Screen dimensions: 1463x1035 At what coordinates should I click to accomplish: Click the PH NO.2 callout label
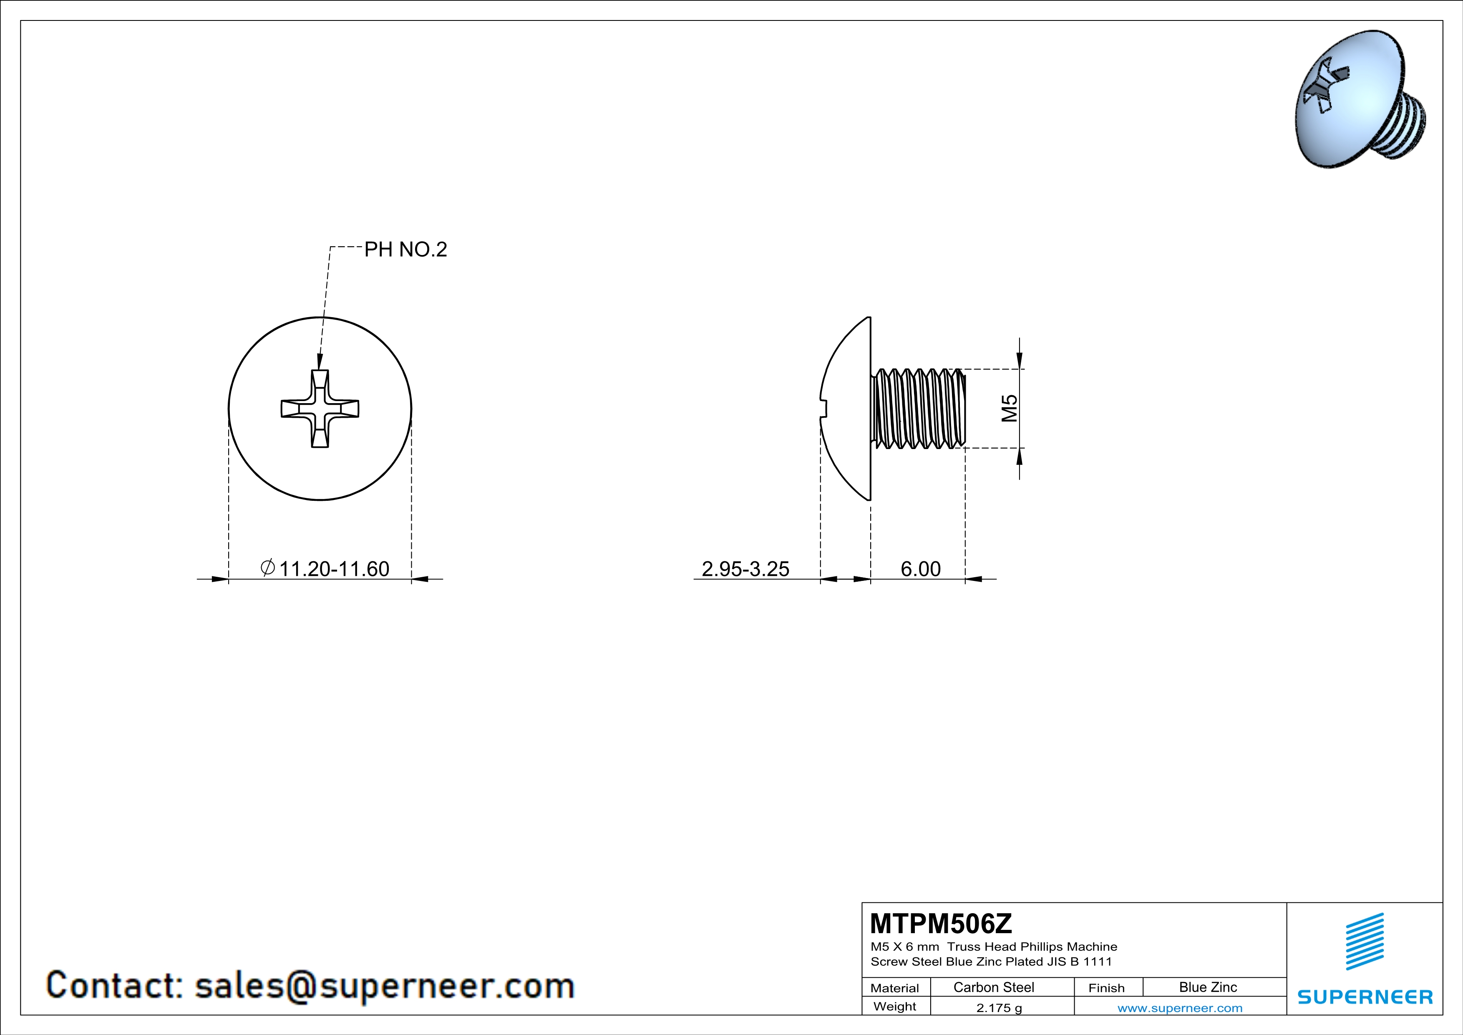pos(405,249)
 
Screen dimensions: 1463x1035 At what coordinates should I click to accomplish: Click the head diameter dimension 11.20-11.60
pos(334,568)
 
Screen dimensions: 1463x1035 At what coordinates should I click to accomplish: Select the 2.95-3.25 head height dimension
pos(745,568)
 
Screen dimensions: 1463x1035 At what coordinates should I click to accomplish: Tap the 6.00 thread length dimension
pos(920,568)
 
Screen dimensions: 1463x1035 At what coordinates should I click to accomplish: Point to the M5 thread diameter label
pos(1009,409)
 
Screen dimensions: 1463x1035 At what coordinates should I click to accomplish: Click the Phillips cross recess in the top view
pos(320,409)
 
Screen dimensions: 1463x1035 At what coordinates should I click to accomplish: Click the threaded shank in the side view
pos(918,409)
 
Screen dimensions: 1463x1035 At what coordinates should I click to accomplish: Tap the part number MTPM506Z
pos(940,924)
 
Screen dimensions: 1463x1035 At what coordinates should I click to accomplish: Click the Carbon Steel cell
pos(993,987)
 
